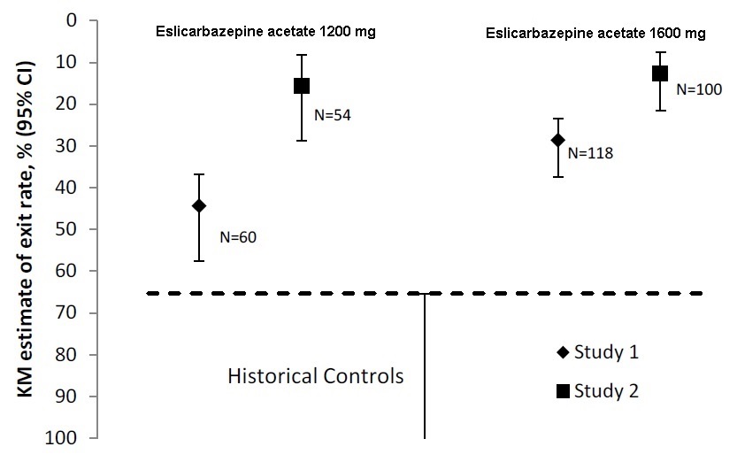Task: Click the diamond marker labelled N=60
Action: [199, 205]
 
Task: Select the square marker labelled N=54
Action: [302, 86]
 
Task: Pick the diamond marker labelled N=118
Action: [558, 140]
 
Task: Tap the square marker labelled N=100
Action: [660, 73]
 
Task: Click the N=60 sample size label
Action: [238, 237]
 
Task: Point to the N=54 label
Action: [333, 115]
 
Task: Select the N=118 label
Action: [590, 153]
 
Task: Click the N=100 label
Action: [699, 89]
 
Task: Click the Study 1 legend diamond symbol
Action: [563, 352]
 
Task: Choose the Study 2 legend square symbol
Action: [563, 390]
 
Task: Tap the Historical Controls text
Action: [315, 376]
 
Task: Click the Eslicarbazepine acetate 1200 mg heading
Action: [265, 32]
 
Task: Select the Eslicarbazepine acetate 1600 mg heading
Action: [595, 34]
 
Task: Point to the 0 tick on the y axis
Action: [71, 20]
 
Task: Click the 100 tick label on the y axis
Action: [60, 437]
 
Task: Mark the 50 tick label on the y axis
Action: [65, 229]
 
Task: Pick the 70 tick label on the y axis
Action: [65, 312]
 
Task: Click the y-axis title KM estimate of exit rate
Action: [26, 229]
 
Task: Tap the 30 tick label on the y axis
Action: [65, 145]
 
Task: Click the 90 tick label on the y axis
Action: [65, 396]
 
